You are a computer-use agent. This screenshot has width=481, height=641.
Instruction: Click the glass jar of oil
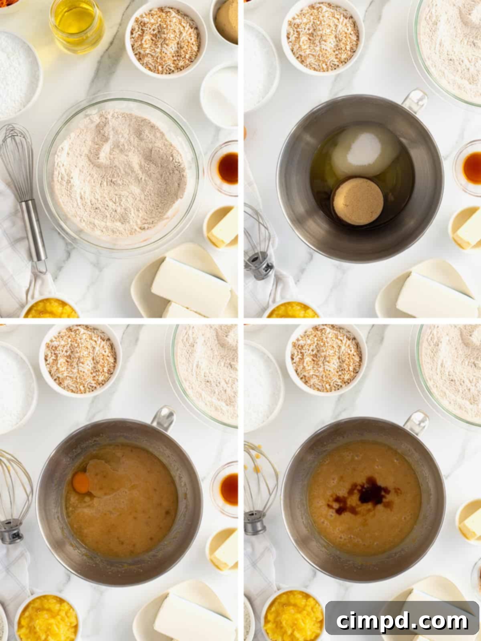pyautogui.click(x=77, y=26)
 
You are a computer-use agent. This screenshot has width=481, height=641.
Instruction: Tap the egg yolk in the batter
pyautogui.click(x=81, y=482)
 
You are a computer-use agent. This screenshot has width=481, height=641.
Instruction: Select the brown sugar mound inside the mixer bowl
pyautogui.click(x=358, y=201)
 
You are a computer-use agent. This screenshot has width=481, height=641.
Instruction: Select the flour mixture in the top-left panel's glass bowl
pyautogui.click(x=120, y=174)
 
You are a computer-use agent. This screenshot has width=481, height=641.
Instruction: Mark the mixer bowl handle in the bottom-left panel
pyautogui.click(x=164, y=419)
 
